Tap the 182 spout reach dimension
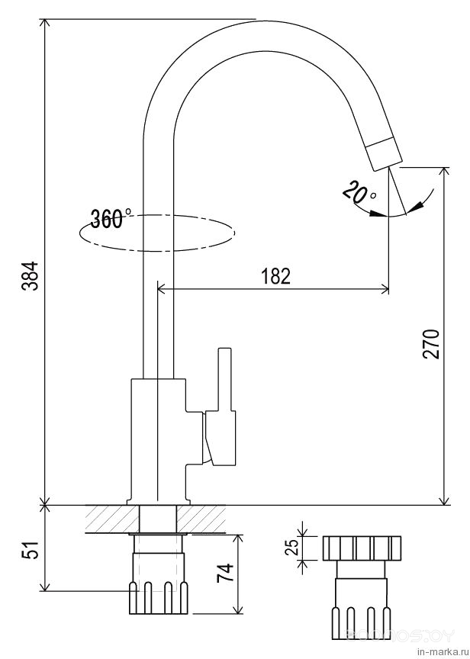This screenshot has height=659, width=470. point(275,276)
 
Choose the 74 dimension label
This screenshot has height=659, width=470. point(224,572)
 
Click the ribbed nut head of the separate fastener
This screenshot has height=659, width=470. point(362,548)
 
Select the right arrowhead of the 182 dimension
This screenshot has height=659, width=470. point(385,289)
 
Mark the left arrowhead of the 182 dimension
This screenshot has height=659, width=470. point(163,289)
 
